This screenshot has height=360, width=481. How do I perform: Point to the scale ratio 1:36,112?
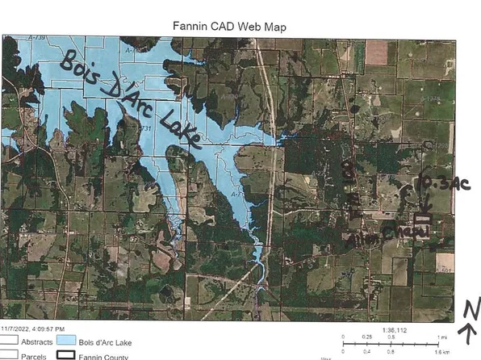(393, 329)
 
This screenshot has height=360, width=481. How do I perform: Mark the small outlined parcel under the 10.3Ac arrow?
(424, 219)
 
